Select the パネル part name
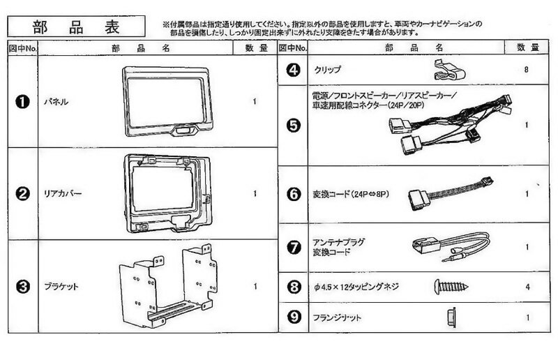56,102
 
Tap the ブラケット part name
61,286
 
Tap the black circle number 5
293,126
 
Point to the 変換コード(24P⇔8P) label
347,193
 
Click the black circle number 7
293,246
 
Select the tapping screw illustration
451,285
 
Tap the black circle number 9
293,317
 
